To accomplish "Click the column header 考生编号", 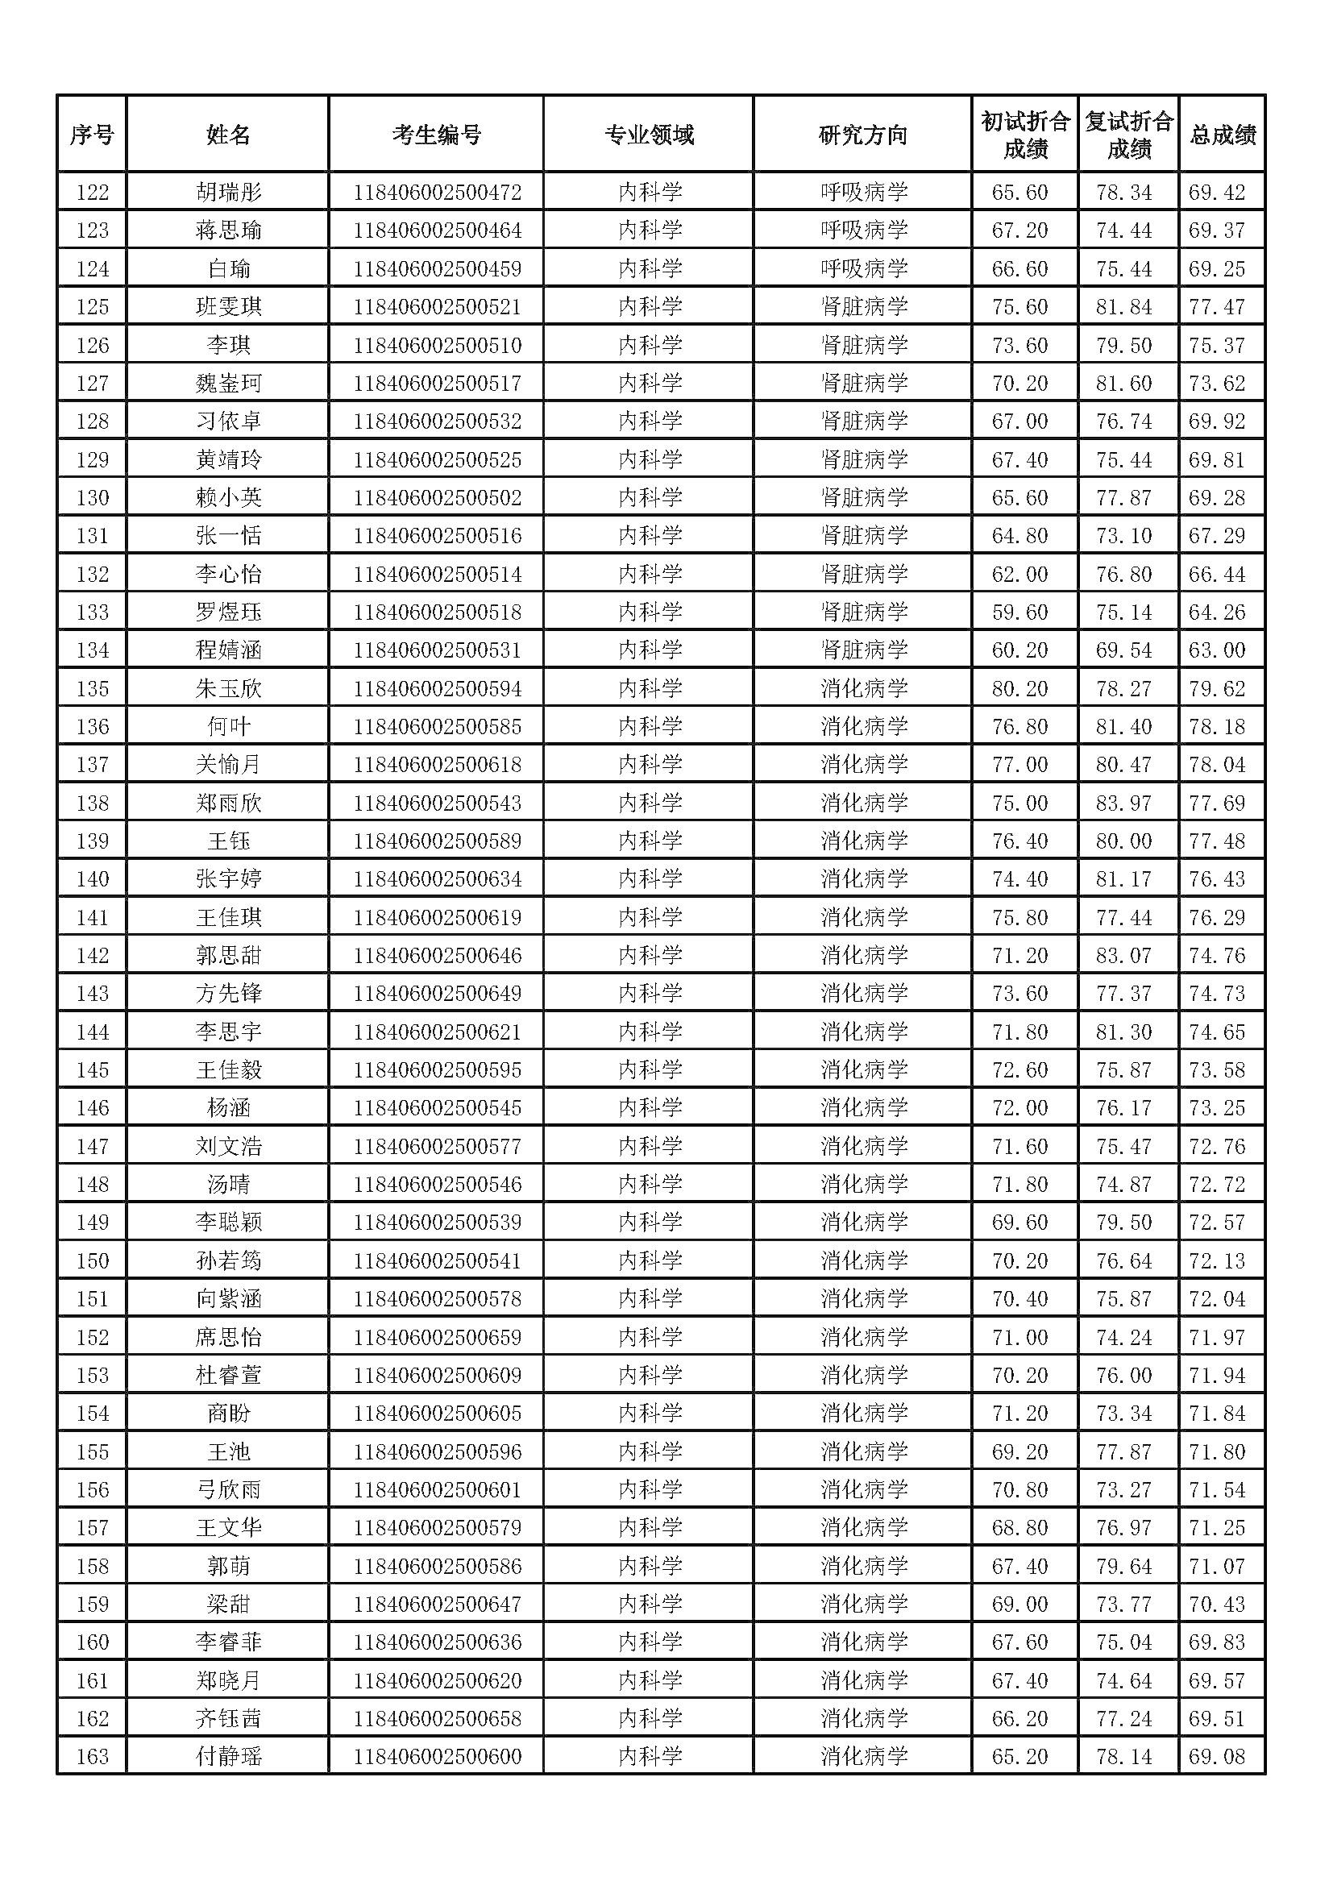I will click(x=436, y=135).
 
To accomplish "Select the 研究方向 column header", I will click(x=862, y=135).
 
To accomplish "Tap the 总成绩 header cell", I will click(x=1223, y=135).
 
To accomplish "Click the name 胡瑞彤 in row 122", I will click(x=228, y=193).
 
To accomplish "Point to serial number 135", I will click(x=92, y=688).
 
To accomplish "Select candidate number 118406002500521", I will click(x=437, y=307).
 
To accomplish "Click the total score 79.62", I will click(x=1216, y=688).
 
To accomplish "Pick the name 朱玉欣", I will click(x=228, y=688).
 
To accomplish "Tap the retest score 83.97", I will click(x=1123, y=803).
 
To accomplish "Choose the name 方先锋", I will click(x=228, y=994).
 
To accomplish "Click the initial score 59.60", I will click(x=1019, y=612).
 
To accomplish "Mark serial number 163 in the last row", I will click(x=92, y=1756).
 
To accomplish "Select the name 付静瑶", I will click(x=228, y=1756).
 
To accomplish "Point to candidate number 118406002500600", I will click(x=437, y=1756).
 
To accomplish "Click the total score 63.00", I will click(x=1216, y=650).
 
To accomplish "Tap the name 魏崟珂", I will click(x=228, y=384).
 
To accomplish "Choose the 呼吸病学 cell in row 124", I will click(x=863, y=269).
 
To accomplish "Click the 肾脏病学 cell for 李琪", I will click(x=863, y=345).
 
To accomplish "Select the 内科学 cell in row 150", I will click(x=650, y=1260).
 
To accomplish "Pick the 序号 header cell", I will click(x=92, y=135).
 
